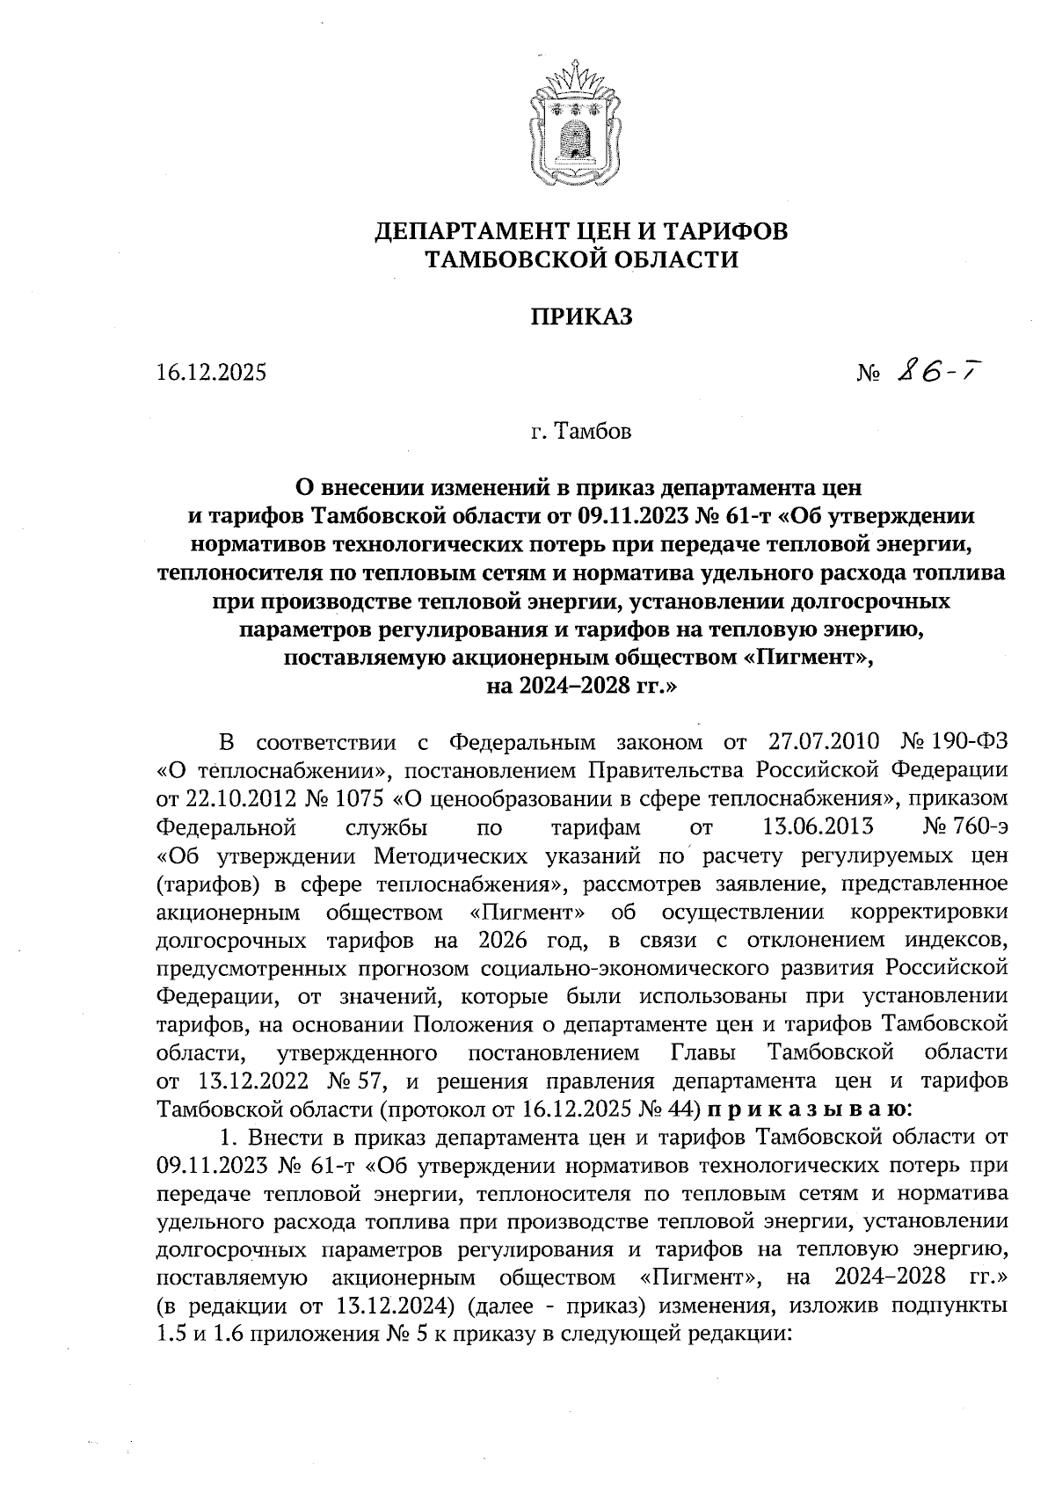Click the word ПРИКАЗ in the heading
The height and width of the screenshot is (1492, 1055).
581,317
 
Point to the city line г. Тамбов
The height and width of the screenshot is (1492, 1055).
581,432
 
